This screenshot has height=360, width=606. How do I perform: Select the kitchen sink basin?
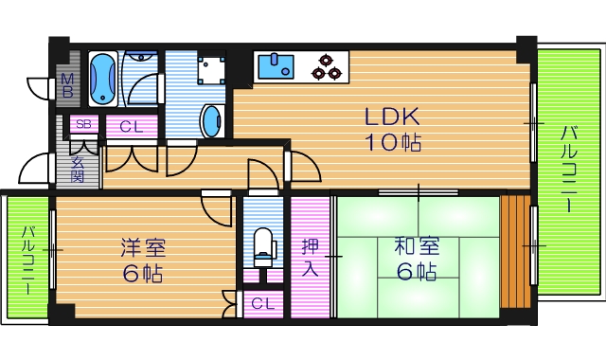pyautogui.click(x=278, y=66)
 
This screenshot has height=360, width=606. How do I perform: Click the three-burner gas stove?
pyautogui.click(x=329, y=66)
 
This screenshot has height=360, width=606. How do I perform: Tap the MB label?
pyautogui.click(x=67, y=87)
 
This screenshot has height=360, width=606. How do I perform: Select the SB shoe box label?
pyautogui.click(x=83, y=124)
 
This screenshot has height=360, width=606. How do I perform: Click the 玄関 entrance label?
pyautogui.click(x=78, y=170)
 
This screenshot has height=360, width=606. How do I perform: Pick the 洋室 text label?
pyautogui.click(x=143, y=248)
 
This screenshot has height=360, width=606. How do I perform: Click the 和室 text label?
pyautogui.click(x=416, y=246)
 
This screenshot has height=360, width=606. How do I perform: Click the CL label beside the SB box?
pyautogui.click(x=132, y=126)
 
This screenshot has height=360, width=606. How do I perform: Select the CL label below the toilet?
pyautogui.click(x=264, y=303)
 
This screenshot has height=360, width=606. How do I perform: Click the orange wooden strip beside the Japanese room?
pyautogui.click(x=516, y=251)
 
